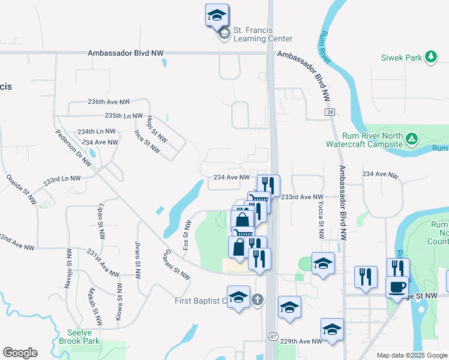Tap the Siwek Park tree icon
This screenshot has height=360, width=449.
tap(430, 57)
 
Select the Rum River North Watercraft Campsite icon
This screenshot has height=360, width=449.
tap(411, 140)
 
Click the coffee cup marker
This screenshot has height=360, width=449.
tap(397, 287)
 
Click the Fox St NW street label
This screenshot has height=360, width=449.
tap(187, 235)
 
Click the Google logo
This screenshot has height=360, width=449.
tap(20, 353)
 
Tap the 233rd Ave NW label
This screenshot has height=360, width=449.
tap(302, 197)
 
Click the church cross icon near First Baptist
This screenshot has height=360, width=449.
tap(258, 299)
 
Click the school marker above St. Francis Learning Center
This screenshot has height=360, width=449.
tap(217, 16)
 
